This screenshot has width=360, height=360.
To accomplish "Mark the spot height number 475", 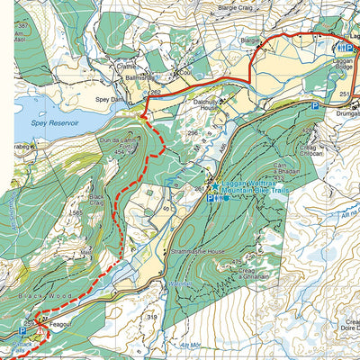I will [238, 262].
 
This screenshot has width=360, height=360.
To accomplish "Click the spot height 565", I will [74, 213].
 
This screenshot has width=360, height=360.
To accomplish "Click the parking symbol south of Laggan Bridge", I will [315, 106].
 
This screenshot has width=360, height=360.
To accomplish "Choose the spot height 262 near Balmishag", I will [154, 92].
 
